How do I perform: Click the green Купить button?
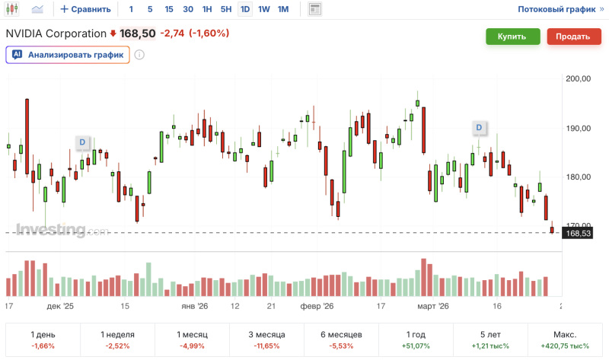512,37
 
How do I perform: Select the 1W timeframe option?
264,10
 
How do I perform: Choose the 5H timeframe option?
225,10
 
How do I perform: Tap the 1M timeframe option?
282,10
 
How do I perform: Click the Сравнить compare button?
85,10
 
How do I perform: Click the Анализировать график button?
68,55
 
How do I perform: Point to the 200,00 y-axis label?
579,78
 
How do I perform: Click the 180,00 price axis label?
579,177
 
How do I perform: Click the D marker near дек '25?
82,142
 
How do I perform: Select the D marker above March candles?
480,126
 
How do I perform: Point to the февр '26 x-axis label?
317,306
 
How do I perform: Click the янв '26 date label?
193,306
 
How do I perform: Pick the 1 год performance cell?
417,339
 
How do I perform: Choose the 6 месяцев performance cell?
341,339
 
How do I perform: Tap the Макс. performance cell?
566,339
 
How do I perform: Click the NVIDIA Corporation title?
56,33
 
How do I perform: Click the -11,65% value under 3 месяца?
266,346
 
